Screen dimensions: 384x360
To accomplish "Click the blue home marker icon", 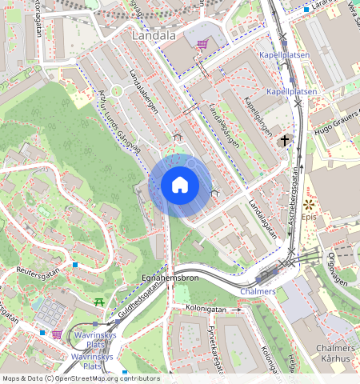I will pyautogui.click(x=180, y=186).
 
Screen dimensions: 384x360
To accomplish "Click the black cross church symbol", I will pyautogui.click(x=284, y=140).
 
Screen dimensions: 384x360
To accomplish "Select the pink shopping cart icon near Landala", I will pyautogui.click(x=202, y=45).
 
